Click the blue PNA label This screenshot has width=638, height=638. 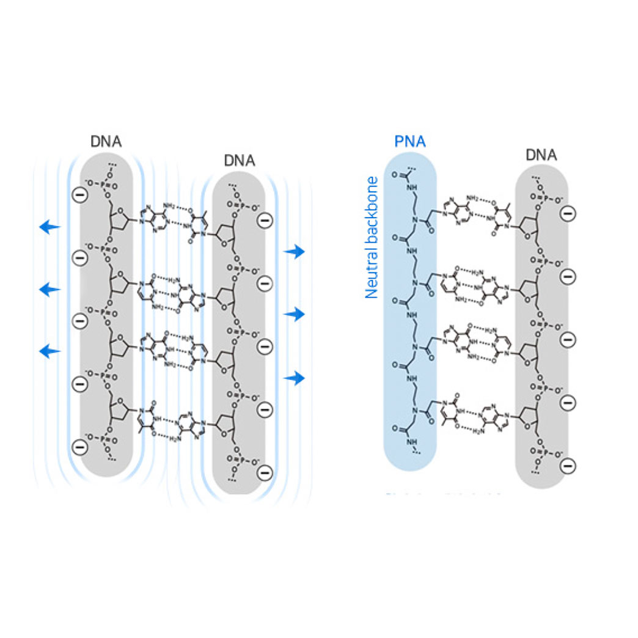[x=409, y=142]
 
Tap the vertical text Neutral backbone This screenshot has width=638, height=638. [x=371, y=237]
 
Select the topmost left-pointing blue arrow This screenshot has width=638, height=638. [x=50, y=227]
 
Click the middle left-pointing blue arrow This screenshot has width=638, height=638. [x=50, y=290]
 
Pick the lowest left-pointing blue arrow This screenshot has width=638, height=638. [x=50, y=351]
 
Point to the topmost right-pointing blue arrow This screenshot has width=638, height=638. [x=295, y=251]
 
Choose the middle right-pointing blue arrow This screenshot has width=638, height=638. [x=295, y=314]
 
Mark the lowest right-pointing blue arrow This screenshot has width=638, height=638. [x=295, y=379]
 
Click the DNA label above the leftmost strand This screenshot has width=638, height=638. [x=106, y=141]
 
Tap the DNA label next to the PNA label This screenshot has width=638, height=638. [x=541, y=155]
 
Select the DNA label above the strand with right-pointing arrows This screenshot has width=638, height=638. [x=239, y=161]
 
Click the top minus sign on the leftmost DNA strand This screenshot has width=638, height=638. [x=79, y=196]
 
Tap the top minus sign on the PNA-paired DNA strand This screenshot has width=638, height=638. [x=568, y=213]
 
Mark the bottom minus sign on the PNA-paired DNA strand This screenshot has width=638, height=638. [x=568, y=466]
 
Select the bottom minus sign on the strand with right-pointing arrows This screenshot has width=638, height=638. [x=265, y=472]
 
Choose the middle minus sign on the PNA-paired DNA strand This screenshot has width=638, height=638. [x=568, y=339]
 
